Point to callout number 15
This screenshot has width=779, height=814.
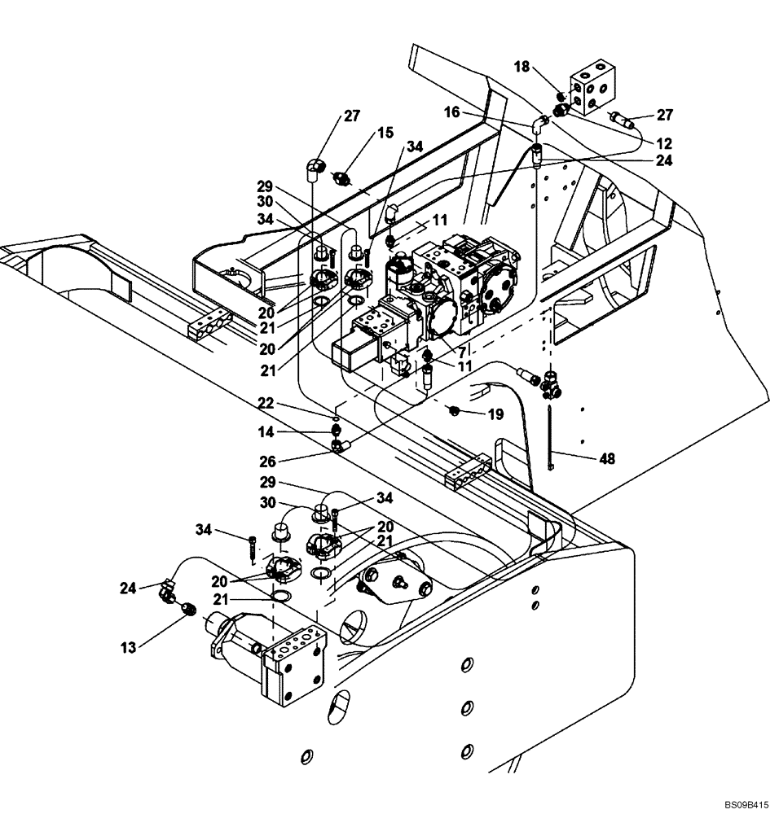pyautogui.click(x=385, y=132)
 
